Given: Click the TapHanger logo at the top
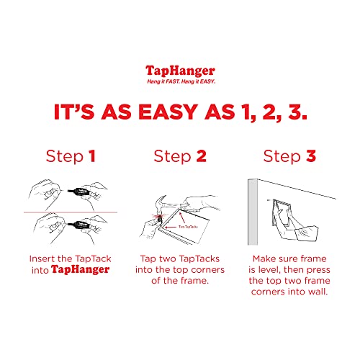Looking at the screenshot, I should tap(179, 71).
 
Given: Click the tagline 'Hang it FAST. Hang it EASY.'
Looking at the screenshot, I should tap(179, 81).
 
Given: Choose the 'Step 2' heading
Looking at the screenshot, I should tap(180, 156).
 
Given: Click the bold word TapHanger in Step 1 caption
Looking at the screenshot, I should tap(86, 270).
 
